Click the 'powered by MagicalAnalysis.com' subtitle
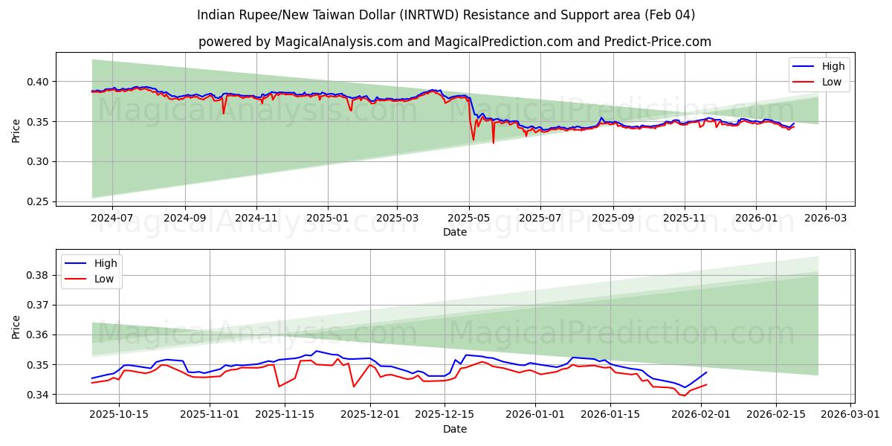[454, 42]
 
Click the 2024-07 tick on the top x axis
[112, 218]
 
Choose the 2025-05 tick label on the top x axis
[469, 218]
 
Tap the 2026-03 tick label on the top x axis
[827, 218]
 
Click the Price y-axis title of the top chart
[16, 129]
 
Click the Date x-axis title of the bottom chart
[454, 429]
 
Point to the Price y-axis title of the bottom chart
[16, 326]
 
